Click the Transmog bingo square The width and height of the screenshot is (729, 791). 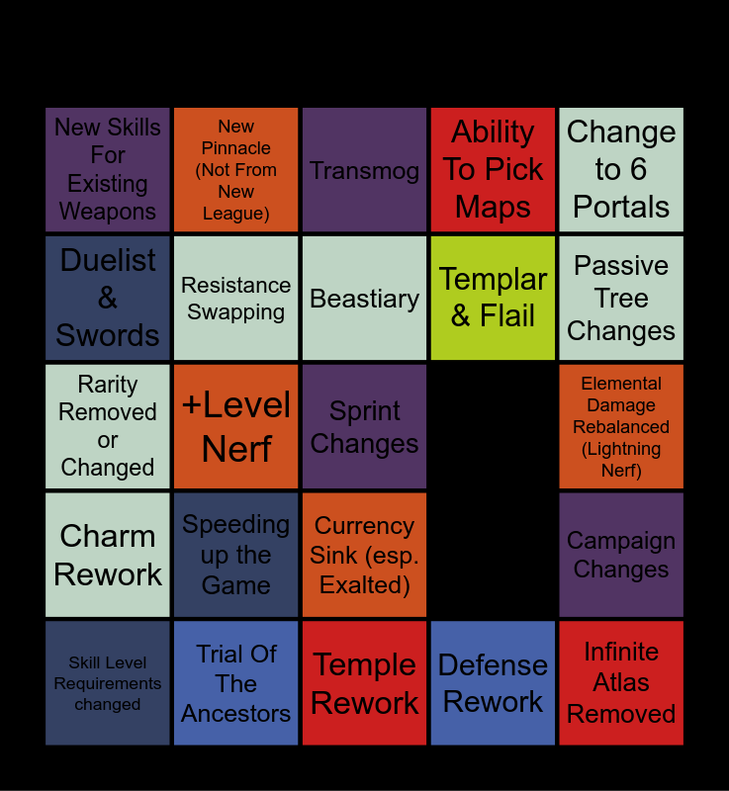[x=364, y=170]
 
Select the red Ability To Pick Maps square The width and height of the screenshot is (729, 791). [x=493, y=170]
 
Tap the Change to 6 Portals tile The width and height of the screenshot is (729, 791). [x=621, y=170]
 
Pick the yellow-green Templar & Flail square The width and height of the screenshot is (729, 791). [x=493, y=298]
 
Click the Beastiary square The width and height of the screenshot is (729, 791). [x=364, y=298]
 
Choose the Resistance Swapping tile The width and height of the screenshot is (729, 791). [x=235, y=298]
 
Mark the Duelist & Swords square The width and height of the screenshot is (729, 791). [x=108, y=298]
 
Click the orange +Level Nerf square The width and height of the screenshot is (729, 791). [x=235, y=426]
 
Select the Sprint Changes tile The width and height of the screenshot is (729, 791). [x=364, y=426]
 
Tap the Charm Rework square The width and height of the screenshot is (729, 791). [x=108, y=555]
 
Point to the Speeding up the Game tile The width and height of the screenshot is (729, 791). [x=235, y=555]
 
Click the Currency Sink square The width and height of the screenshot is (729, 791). [x=364, y=555]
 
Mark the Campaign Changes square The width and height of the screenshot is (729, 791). [x=621, y=555]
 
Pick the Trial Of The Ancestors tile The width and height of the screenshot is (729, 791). [x=235, y=682]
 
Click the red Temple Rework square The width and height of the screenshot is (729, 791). [x=364, y=682]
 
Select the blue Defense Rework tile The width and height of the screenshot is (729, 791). [x=493, y=682]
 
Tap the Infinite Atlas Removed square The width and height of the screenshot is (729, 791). [x=621, y=682]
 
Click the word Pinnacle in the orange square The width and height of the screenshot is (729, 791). [x=236, y=148]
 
